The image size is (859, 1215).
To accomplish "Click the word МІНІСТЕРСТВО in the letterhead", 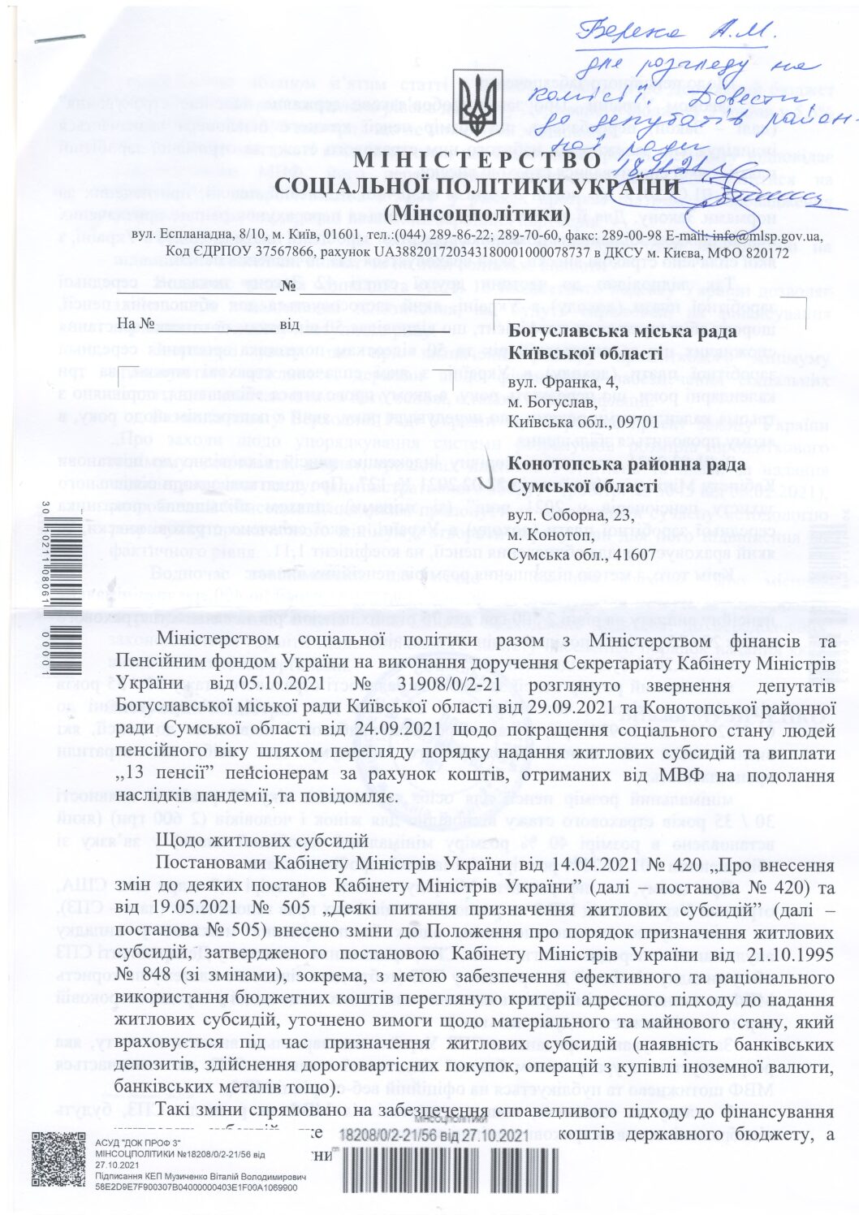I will pos(477,162).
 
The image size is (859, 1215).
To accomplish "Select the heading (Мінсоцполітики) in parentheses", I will pos(477,214).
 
